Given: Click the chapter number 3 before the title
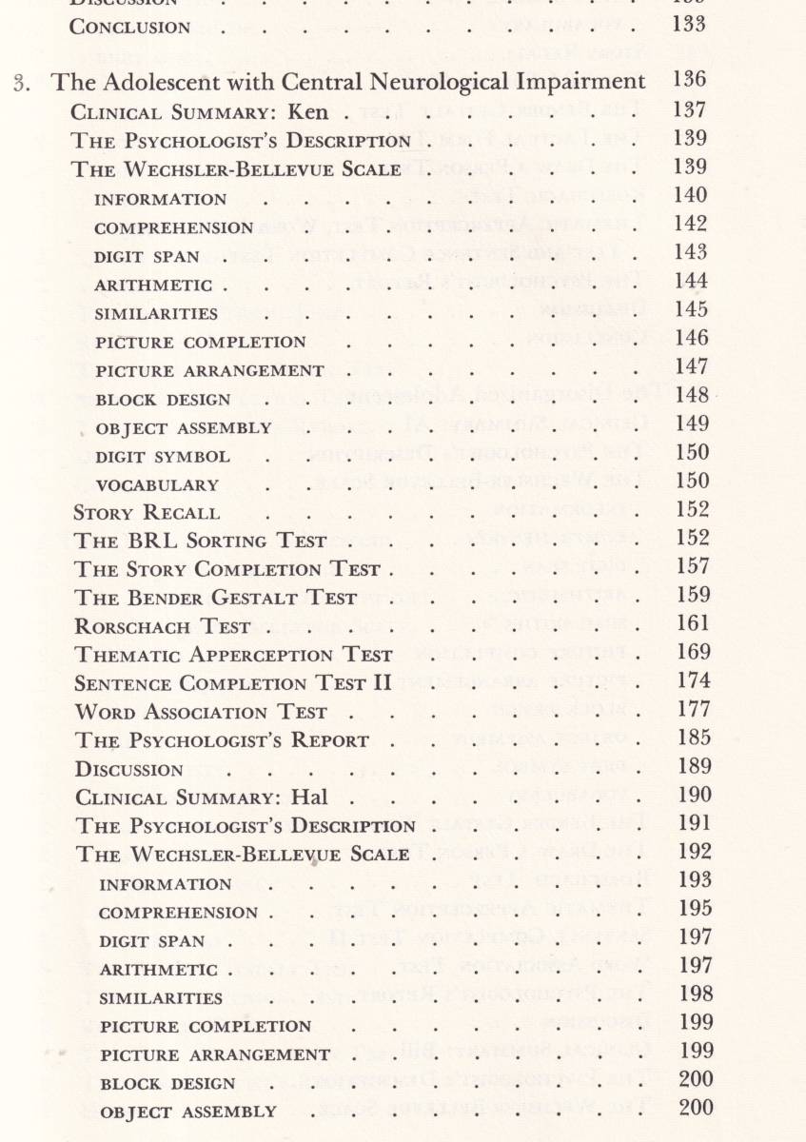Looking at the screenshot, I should pos(29,83).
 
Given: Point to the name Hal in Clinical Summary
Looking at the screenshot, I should pos(306,797).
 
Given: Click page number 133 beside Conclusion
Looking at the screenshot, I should pos(688,25).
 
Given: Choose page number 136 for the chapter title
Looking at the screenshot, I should pos(688,81).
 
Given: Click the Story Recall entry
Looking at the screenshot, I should pos(147,512).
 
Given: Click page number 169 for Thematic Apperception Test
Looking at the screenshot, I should pos(690,653).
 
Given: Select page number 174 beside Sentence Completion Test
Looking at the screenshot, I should pos(690,681).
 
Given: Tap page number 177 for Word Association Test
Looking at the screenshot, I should pos(690,710).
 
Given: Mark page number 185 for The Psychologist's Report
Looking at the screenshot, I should pos(690,738).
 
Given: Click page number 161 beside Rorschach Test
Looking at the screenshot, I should pos(690,624).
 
